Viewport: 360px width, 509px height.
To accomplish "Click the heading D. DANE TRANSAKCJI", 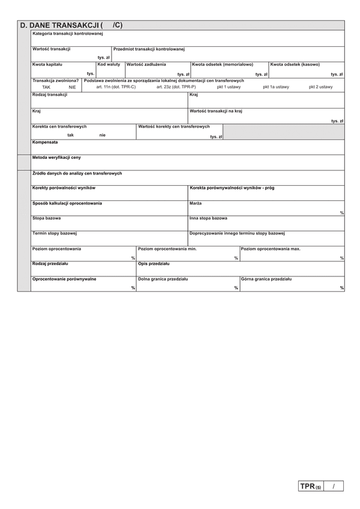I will pos(60,25).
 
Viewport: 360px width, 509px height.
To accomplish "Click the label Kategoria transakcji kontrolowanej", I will pos(68,34).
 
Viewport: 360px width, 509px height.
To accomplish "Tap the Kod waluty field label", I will pos(109,64).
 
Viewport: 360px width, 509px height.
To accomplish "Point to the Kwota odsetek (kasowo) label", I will pos(295,64).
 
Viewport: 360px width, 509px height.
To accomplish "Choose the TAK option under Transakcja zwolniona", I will pos(38,87).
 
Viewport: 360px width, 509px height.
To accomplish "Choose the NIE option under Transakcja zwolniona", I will pos(72,87).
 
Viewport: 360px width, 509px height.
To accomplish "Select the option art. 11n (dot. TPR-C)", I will pos(116,87).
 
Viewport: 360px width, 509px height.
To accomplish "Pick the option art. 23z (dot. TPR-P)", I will pos(176,87).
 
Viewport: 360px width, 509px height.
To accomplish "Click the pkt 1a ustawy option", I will pos(275,87).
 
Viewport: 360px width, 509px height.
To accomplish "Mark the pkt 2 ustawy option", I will pos(320,87).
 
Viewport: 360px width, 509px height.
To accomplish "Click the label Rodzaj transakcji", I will pos(50,95).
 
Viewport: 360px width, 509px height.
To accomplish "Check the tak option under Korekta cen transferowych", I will pos(71,135).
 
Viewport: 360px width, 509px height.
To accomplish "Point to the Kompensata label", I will pos(45,142).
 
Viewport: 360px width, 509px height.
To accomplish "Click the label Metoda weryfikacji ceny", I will pos(56,157).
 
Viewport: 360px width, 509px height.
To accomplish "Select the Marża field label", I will pos(196,203).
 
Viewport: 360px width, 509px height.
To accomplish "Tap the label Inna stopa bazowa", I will pos(208,218).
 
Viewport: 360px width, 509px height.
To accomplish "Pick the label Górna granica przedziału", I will pos(266,279).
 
